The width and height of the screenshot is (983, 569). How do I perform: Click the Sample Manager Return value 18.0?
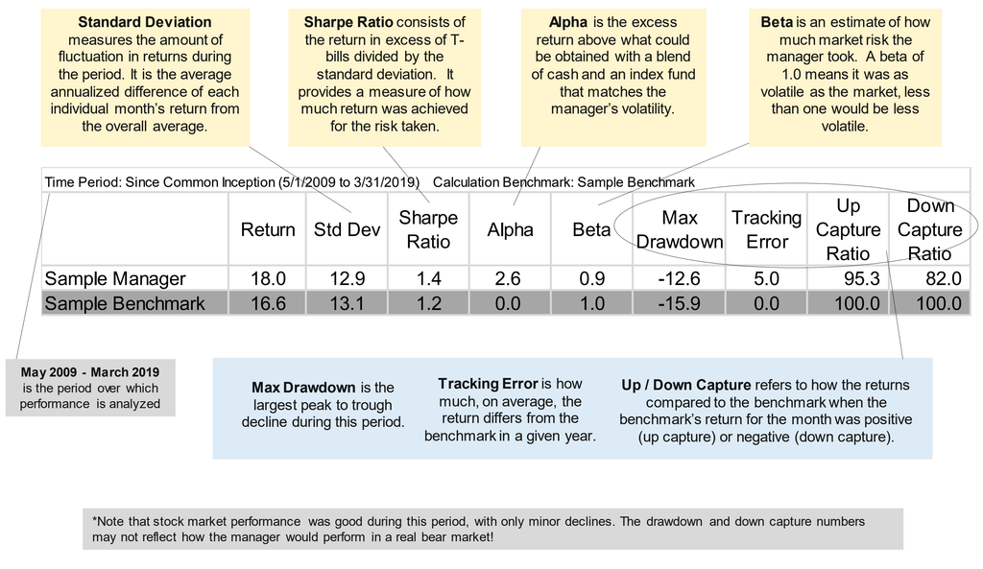tap(269, 278)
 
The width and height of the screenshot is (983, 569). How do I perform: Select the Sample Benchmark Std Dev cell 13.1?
tap(347, 303)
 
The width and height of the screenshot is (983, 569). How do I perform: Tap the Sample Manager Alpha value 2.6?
tap(507, 278)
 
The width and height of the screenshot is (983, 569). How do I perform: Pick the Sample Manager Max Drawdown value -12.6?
tap(679, 278)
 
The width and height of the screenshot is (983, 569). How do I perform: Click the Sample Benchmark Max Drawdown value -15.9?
tap(679, 303)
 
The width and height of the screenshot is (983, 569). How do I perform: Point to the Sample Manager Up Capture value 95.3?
tap(861, 278)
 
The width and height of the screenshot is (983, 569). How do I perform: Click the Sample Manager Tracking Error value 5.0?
tap(766, 278)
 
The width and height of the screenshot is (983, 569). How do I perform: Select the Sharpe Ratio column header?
tap(428, 229)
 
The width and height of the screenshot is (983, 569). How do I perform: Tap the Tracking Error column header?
tap(767, 229)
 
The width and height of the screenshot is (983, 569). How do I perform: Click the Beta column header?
tap(591, 229)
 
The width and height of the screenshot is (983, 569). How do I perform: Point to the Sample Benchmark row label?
tap(125, 303)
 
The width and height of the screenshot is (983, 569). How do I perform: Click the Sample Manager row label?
tap(115, 278)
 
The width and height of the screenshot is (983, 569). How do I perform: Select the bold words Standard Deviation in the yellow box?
tap(145, 22)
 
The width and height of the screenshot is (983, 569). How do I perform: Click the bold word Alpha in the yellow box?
tap(568, 22)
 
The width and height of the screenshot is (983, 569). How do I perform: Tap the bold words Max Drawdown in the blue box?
tap(303, 388)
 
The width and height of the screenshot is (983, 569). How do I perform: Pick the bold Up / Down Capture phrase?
tap(685, 385)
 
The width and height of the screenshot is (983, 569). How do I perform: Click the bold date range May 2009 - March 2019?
tap(90, 372)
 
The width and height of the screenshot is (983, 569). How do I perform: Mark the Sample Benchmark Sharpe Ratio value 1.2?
tap(428, 303)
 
